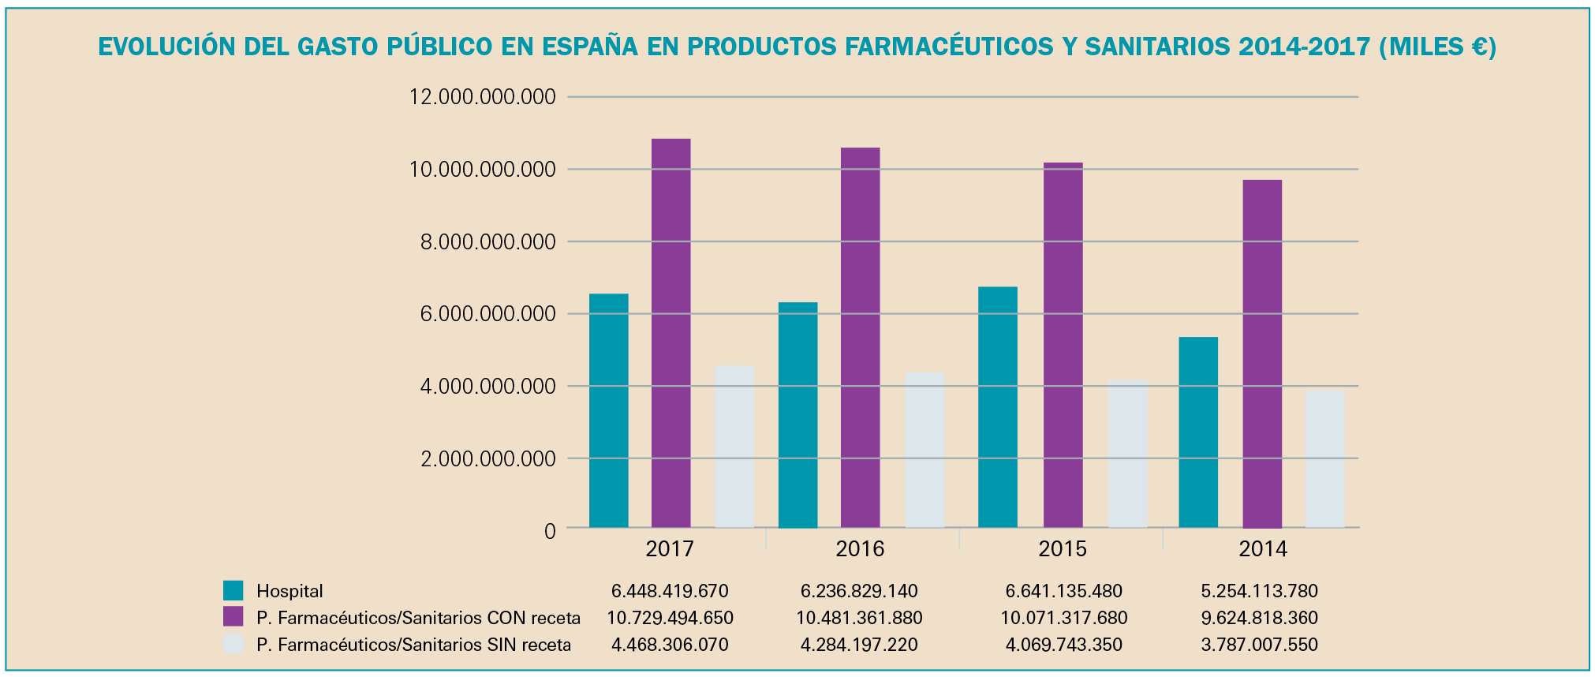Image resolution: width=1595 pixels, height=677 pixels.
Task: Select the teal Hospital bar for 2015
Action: point(997,407)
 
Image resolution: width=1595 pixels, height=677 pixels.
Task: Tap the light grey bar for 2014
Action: point(1324,458)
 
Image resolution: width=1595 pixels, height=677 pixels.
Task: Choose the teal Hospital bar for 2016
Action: point(797,415)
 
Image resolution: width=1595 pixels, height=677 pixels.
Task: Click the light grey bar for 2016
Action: point(925,450)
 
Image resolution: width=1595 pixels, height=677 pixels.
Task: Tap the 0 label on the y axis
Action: point(550,531)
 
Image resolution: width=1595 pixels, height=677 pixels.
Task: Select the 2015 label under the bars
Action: point(1062,549)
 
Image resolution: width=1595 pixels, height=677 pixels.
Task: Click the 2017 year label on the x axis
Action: point(669,549)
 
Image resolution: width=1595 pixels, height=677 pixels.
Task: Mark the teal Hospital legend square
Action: point(233,591)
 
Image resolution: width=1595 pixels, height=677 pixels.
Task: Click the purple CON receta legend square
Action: point(233,617)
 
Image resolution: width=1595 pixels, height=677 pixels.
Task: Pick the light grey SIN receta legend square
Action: point(233,644)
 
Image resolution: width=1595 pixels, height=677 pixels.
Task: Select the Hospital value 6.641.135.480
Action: point(1063,591)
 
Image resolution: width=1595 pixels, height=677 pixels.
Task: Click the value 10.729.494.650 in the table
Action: point(670,618)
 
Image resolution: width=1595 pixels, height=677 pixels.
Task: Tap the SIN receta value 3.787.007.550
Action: point(1259,645)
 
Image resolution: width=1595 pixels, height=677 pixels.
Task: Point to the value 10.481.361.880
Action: point(859,618)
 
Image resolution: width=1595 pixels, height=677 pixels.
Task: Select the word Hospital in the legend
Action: point(289,591)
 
